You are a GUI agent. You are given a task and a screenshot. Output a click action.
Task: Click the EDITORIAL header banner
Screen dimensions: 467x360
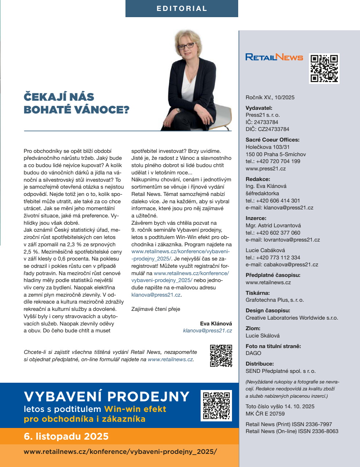[182, 8]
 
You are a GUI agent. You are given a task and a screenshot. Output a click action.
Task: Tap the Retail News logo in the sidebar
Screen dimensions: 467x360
[274, 57]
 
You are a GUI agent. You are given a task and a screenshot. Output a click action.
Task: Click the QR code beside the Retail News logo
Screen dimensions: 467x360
[324, 68]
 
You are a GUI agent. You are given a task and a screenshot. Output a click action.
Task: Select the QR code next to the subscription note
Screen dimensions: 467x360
[221, 355]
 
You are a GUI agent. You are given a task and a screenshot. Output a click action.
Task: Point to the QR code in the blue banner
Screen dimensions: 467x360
[216, 406]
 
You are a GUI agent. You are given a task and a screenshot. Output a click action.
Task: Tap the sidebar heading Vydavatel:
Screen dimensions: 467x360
[259, 108]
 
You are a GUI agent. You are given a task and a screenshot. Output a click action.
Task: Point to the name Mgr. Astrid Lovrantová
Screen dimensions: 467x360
[273, 225]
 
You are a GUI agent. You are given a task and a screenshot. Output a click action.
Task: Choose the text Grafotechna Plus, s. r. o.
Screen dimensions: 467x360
[275, 300]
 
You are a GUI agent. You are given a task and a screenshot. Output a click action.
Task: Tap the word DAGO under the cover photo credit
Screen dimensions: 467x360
[253, 353]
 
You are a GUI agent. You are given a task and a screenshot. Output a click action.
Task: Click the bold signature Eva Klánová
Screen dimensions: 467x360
[216, 324]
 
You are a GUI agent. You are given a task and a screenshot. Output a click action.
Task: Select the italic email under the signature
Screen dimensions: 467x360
[207, 331]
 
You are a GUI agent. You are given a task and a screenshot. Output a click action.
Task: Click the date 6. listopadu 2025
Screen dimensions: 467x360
[66, 436]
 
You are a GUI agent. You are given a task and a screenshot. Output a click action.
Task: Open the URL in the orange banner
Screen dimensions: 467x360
[120, 451]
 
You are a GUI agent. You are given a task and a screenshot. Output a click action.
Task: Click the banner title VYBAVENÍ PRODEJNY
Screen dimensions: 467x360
[107, 396]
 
